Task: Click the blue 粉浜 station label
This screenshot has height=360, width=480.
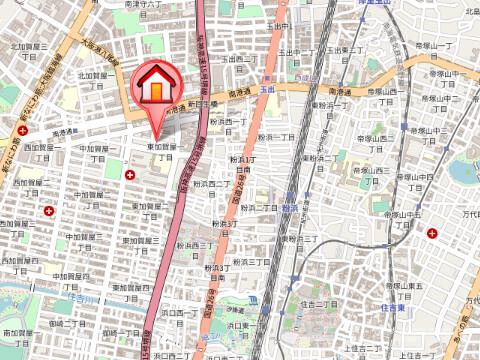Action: pyautogui.click(x=289, y=208)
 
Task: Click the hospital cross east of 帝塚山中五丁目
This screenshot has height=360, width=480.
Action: pyautogui.click(x=432, y=233)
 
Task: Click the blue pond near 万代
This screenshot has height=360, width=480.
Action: pyautogui.click(x=462, y=171)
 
